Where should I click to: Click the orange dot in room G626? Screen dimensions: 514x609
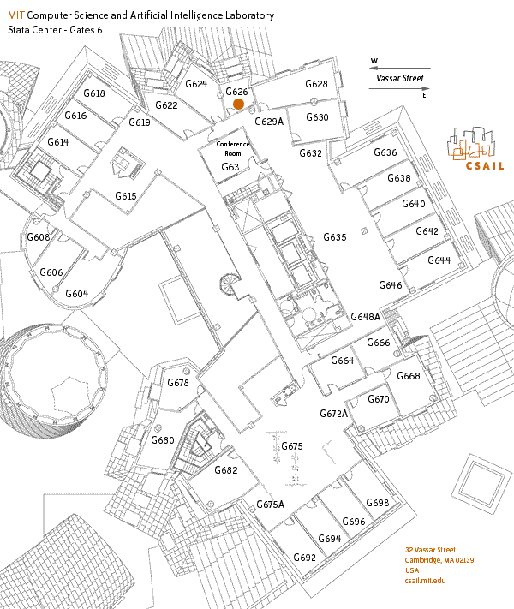[x=238, y=104]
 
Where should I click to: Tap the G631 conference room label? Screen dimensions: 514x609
[x=233, y=167]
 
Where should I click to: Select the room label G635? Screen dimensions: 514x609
[x=334, y=237]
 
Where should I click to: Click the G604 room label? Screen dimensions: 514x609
[x=76, y=293]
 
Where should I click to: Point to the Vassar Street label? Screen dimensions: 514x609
[x=400, y=78]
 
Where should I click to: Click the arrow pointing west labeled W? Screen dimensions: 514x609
[x=399, y=68]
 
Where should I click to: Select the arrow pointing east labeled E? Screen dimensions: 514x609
[x=399, y=88]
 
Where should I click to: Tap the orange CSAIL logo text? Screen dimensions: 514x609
[x=485, y=166]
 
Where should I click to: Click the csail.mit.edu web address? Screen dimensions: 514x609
[x=425, y=581]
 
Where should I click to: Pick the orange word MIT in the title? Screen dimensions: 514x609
[x=16, y=15]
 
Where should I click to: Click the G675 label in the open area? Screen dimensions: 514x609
[x=292, y=446]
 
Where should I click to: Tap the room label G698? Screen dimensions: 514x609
[x=377, y=503]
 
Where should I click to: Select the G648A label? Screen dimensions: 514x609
[x=365, y=317]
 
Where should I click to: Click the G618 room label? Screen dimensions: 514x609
[x=94, y=93]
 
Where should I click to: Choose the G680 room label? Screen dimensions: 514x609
[x=163, y=440]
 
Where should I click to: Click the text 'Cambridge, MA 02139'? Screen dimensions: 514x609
[x=439, y=560]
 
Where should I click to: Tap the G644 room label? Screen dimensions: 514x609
[x=439, y=260]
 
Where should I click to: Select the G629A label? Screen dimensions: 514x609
[x=269, y=122]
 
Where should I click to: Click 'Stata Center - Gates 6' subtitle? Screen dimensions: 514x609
[x=55, y=30]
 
